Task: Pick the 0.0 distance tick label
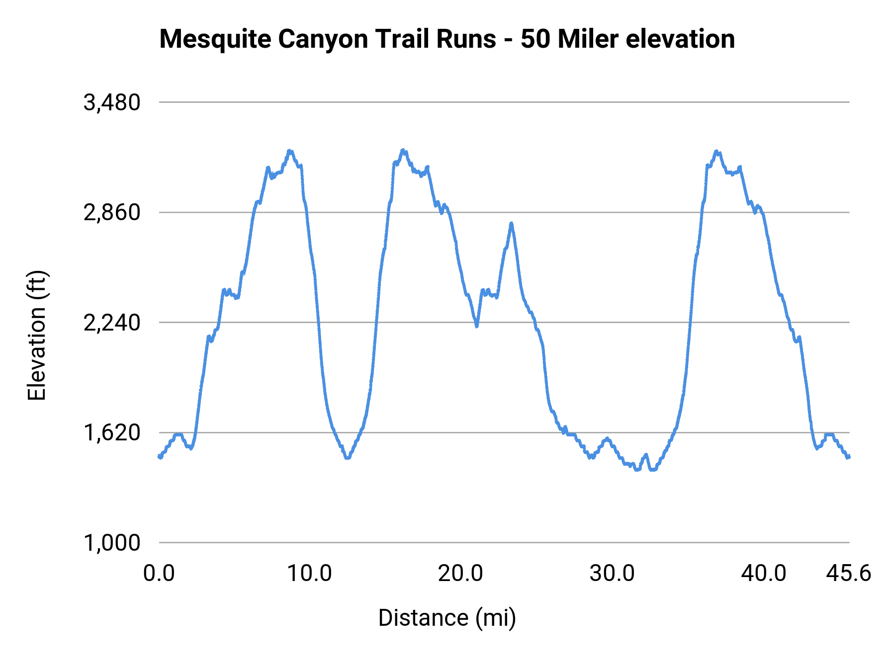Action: [159, 574]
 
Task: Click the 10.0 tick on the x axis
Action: [310, 574]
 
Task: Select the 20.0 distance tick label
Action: [460, 574]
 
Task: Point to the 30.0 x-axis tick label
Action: [612, 574]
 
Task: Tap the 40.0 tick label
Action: [763, 574]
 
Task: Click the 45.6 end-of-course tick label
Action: [849, 574]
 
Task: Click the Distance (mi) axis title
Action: [447, 618]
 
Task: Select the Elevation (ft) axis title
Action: [37, 335]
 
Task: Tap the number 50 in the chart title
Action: [536, 39]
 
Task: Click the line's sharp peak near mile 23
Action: [511, 224]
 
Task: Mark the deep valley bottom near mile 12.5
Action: [347, 457]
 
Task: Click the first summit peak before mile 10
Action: [290, 151]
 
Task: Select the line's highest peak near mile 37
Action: [716, 151]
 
